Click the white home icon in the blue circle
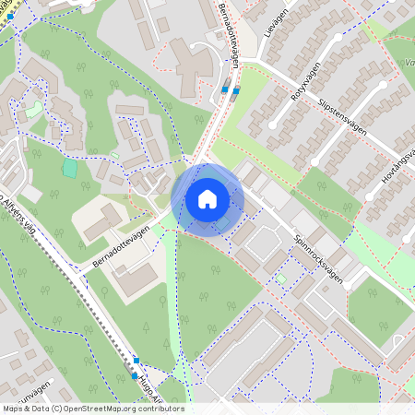point(207,198)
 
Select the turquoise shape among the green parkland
point(69,169)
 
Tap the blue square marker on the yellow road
point(9,16)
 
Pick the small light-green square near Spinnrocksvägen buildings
point(280,277)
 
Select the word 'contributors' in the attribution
point(160,409)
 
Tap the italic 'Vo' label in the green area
point(408,64)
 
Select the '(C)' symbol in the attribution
point(56,409)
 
